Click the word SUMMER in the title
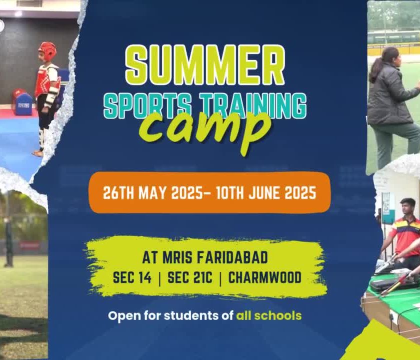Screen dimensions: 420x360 [x=205, y=65]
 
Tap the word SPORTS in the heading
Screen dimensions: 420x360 [x=148, y=105]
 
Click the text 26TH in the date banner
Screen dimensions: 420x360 [x=118, y=192]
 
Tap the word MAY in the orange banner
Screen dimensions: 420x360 [x=152, y=192]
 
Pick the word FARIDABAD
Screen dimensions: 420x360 [x=232, y=257]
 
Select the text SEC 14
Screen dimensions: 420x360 [x=132, y=277]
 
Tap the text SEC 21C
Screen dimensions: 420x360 [x=190, y=277]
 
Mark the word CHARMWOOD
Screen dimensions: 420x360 [x=265, y=277]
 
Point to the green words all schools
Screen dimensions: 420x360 [x=268, y=315]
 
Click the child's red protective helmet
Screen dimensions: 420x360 [x=47, y=50]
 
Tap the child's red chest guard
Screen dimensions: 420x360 [x=45, y=80]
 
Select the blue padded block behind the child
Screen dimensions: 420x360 [x=23, y=104]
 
